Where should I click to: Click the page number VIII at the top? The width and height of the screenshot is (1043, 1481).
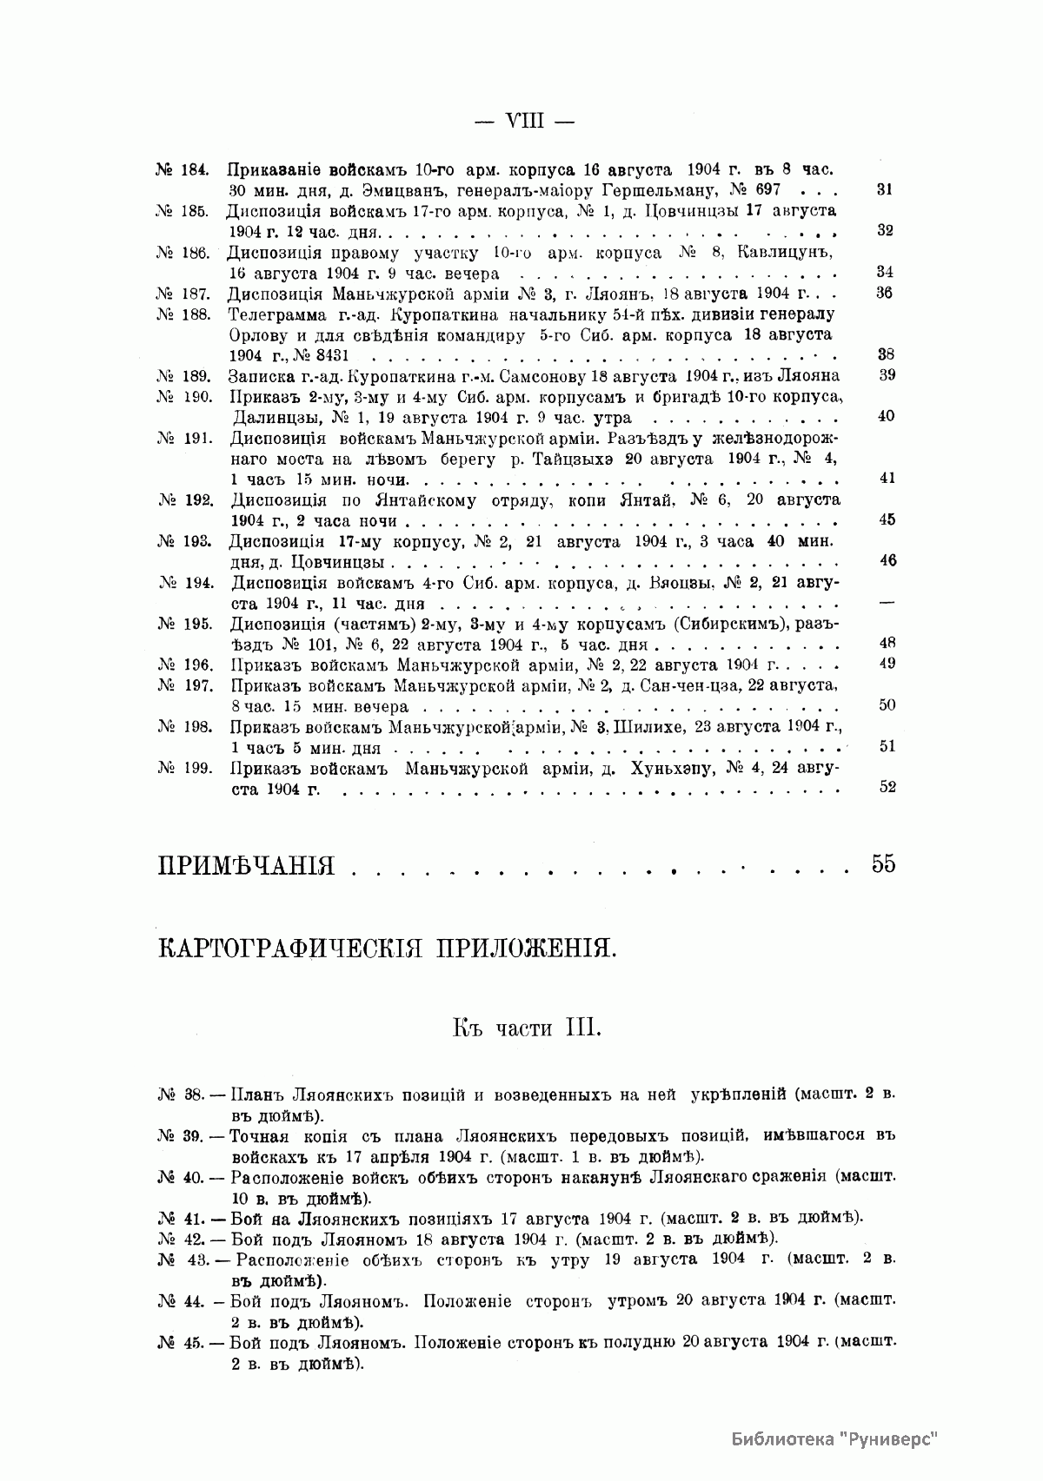tap(524, 122)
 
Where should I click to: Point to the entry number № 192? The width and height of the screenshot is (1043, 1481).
tap(186, 500)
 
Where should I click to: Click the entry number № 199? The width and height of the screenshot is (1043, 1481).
tap(186, 768)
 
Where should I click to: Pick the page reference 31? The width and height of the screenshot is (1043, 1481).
tap(885, 189)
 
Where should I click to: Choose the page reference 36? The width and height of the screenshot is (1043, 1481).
tap(885, 293)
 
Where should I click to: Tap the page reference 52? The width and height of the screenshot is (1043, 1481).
tap(887, 788)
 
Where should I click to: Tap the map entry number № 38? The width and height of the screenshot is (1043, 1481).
tap(180, 1094)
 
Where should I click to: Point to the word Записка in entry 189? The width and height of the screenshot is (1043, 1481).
tap(258, 376)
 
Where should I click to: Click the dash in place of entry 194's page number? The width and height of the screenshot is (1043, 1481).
tap(887, 603)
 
